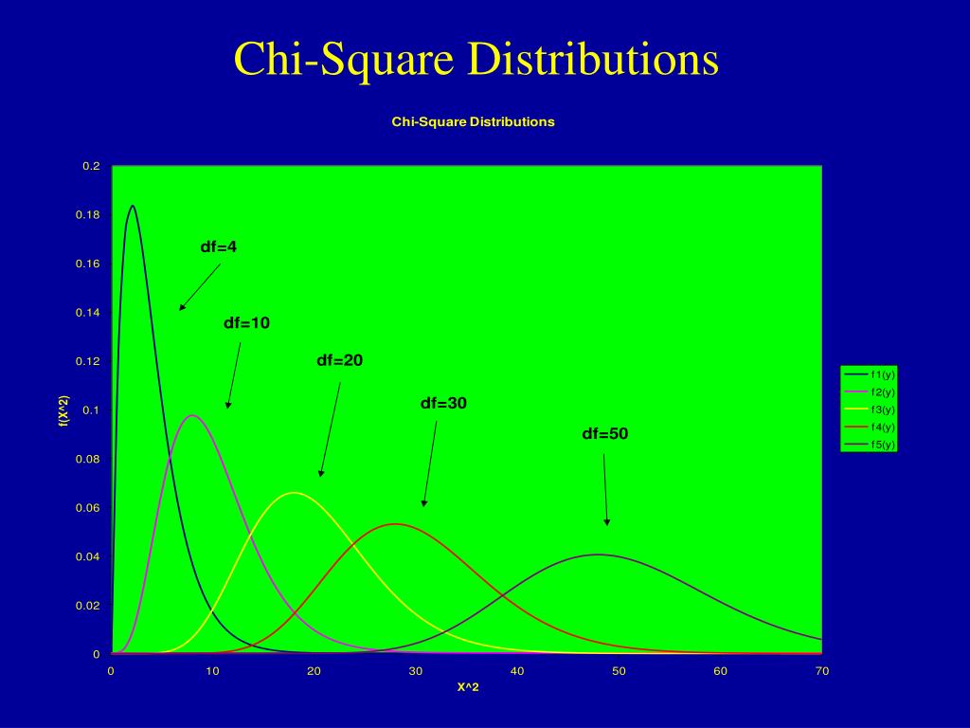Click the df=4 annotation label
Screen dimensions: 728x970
tap(219, 247)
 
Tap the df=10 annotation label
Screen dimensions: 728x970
tap(246, 323)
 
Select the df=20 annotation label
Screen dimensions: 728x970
tap(339, 361)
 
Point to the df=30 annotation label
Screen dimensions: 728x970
tap(443, 404)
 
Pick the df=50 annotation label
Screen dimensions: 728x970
tap(604, 434)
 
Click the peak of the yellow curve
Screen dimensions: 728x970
tap(294, 493)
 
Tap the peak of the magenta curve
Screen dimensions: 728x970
tap(192, 415)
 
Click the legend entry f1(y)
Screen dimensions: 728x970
tap(882, 374)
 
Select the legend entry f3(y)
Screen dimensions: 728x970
tap(882, 409)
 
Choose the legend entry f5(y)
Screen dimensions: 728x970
tap(882, 445)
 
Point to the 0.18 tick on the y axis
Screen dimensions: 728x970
tap(88, 215)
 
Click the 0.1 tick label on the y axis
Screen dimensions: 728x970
tap(91, 410)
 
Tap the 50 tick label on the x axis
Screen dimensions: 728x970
tap(619, 671)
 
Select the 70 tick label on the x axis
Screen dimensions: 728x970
tap(822, 671)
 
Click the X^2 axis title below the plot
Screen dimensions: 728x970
tap(468, 687)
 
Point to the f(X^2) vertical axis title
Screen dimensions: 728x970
tap(63, 410)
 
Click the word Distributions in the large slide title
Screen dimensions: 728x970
tap(590, 59)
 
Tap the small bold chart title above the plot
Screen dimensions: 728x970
tap(473, 122)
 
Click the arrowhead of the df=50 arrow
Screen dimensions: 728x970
tap(607, 522)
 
